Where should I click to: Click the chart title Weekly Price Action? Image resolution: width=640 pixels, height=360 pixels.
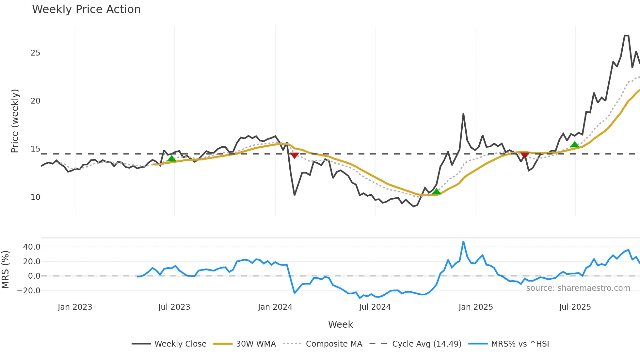(86, 9)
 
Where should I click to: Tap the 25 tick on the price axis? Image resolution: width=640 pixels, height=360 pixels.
(35, 53)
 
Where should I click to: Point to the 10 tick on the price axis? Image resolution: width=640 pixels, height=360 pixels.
(35, 197)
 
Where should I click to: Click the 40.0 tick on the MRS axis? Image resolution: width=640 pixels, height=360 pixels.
(32, 247)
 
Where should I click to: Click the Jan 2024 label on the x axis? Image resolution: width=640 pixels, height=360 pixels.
(275, 307)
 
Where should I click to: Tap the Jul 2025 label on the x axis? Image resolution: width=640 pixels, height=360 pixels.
(575, 307)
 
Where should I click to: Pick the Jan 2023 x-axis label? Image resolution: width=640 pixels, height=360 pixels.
(75, 307)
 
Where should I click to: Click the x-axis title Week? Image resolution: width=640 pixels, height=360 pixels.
(340, 324)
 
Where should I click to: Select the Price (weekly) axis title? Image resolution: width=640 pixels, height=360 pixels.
(15, 121)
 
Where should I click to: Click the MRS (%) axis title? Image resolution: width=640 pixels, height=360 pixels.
(5, 270)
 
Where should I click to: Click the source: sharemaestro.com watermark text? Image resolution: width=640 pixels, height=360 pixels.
(578, 288)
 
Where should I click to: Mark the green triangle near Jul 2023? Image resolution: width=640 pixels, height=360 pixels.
(171, 159)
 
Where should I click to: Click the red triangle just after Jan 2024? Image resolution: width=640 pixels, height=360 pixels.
(294, 155)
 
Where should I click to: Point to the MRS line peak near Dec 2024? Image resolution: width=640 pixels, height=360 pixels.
(463, 242)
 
